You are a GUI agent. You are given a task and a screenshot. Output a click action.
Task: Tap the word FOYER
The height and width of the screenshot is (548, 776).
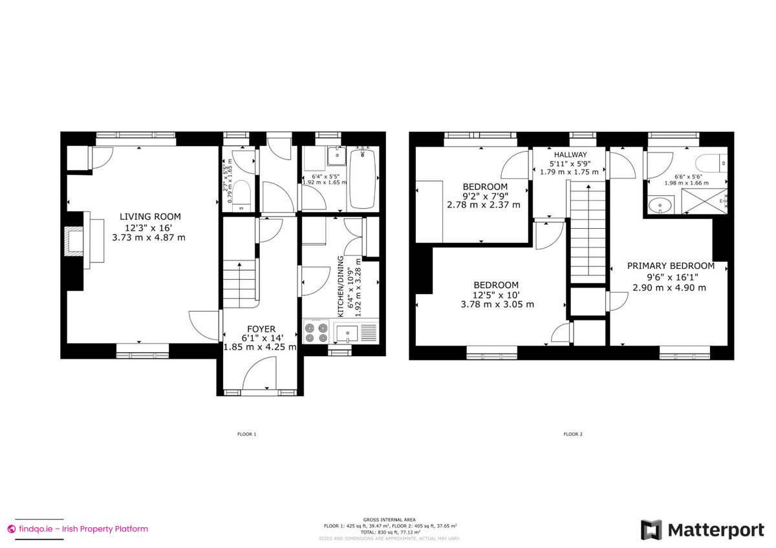tap(260, 329)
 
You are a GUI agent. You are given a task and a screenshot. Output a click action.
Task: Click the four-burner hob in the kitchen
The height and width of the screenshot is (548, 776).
tap(315, 333)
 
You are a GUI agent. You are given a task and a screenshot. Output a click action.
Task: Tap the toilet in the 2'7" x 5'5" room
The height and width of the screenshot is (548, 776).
tap(241, 194)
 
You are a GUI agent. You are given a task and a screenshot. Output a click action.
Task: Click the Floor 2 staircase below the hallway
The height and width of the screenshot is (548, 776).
tap(587, 233)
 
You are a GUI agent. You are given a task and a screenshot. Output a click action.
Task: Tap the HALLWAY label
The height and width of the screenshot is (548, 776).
tap(568, 155)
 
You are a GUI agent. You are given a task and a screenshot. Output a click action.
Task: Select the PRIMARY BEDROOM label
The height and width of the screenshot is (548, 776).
tap(670, 266)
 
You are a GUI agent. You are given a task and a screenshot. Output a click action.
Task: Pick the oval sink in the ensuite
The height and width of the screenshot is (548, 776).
tap(660, 206)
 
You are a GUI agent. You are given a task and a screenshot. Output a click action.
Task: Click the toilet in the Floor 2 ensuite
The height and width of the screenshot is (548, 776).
tap(711, 163)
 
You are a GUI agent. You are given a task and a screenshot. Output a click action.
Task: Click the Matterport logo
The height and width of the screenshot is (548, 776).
tap(702, 530)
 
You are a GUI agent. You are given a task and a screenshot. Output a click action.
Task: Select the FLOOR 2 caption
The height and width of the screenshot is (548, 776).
tap(572, 434)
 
